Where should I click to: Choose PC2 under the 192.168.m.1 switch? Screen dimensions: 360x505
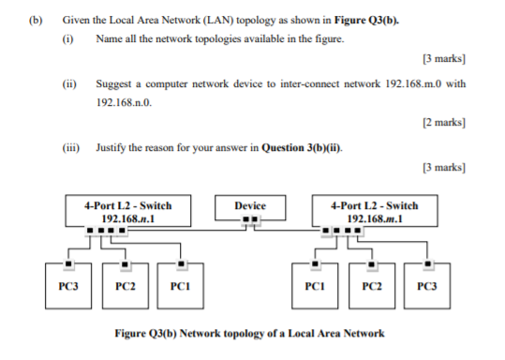pos(372,282)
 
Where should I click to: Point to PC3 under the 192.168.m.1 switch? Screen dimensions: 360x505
pos(429,282)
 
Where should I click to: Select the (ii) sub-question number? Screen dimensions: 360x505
pos(69,83)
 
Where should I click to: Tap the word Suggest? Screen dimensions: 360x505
pos(114,83)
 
